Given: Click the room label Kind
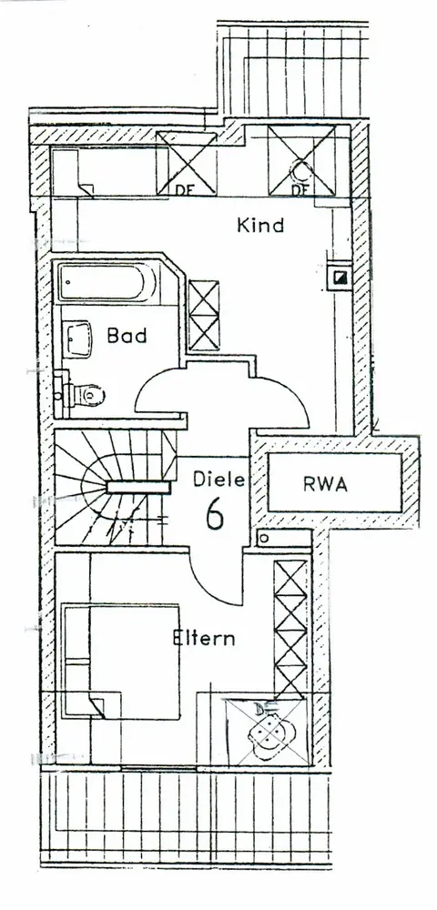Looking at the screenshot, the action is [260, 225].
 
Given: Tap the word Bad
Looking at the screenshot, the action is [127, 336].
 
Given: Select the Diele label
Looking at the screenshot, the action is [219, 480].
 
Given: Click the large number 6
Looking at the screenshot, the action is [215, 512].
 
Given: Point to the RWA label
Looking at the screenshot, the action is [325, 485].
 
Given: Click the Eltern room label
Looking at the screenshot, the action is [204, 638].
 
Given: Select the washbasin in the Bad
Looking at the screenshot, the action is [78, 339].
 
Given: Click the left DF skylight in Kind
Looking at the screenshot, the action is [187, 163].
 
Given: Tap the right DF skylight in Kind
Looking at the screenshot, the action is [301, 160].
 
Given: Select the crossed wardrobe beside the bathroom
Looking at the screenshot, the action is [204, 315].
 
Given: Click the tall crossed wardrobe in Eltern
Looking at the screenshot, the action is [290, 628].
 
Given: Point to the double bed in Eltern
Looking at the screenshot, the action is [121, 662].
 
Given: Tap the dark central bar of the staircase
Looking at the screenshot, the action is [138, 488].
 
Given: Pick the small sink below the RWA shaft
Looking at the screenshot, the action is [284, 538].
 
